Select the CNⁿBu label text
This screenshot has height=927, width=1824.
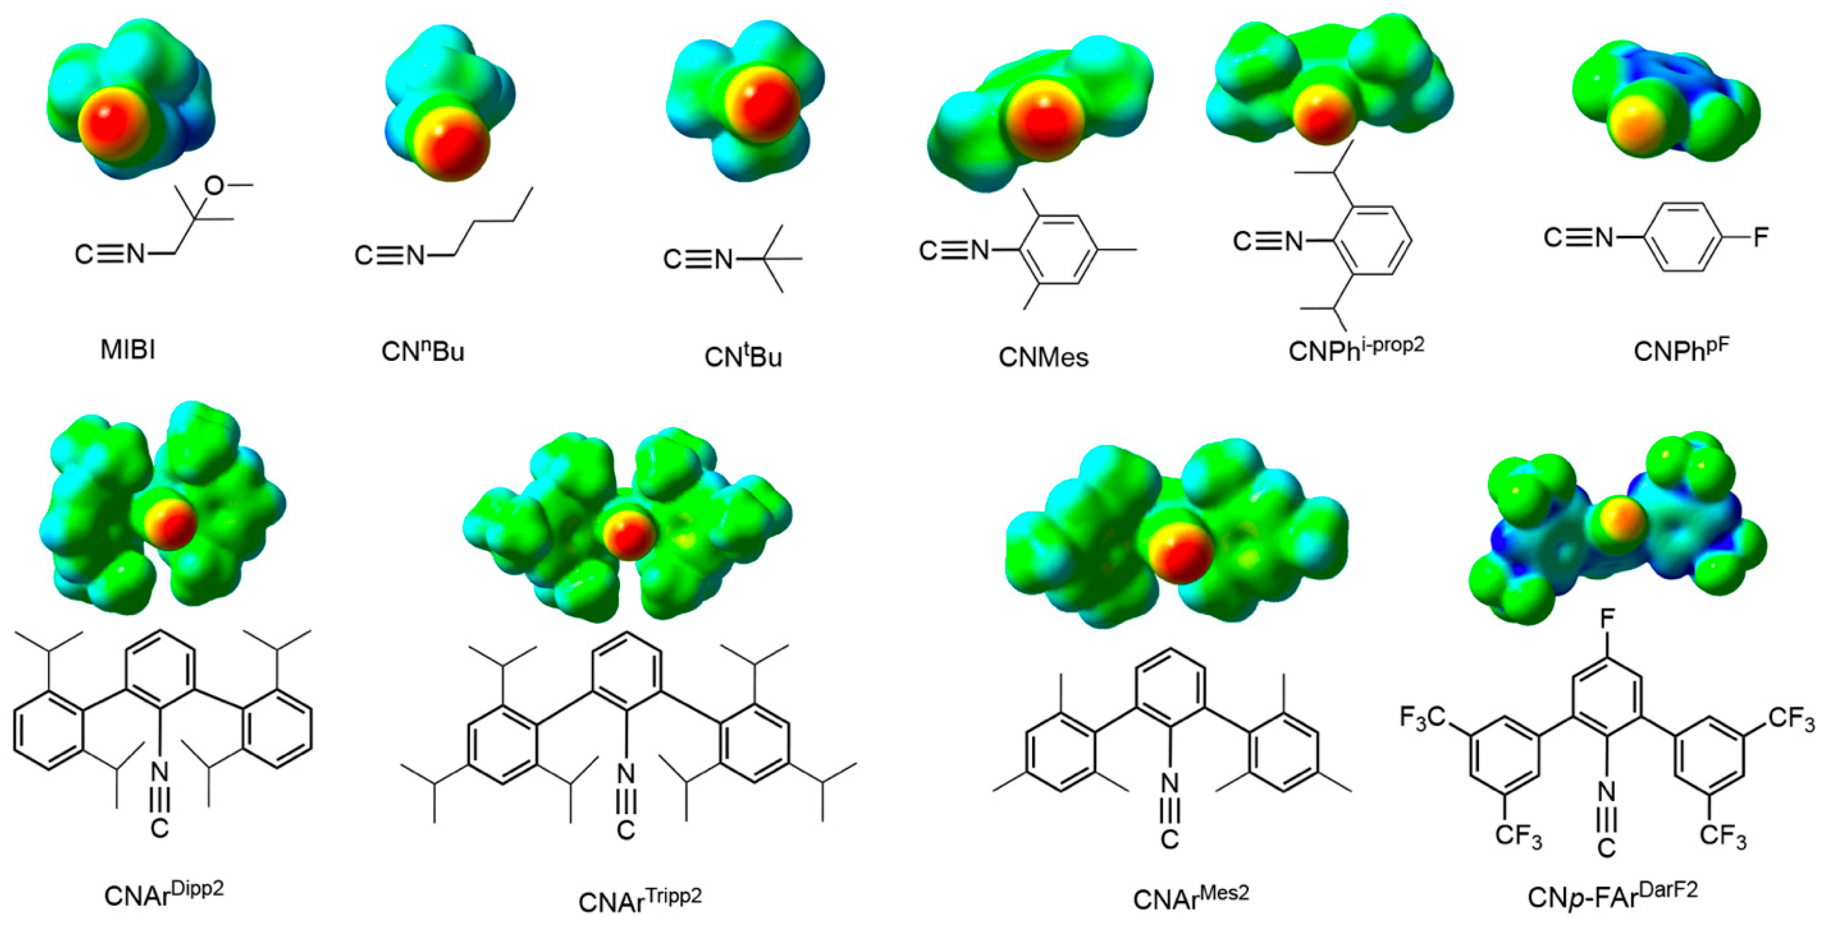click(x=423, y=351)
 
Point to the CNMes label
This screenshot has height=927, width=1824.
click(x=1043, y=357)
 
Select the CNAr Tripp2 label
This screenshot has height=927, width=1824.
click(x=639, y=899)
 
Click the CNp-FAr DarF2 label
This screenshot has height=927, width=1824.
click(x=1612, y=895)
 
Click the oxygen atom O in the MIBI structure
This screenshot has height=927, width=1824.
click(x=214, y=186)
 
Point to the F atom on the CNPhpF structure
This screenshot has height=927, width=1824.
click(x=1760, y=237)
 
